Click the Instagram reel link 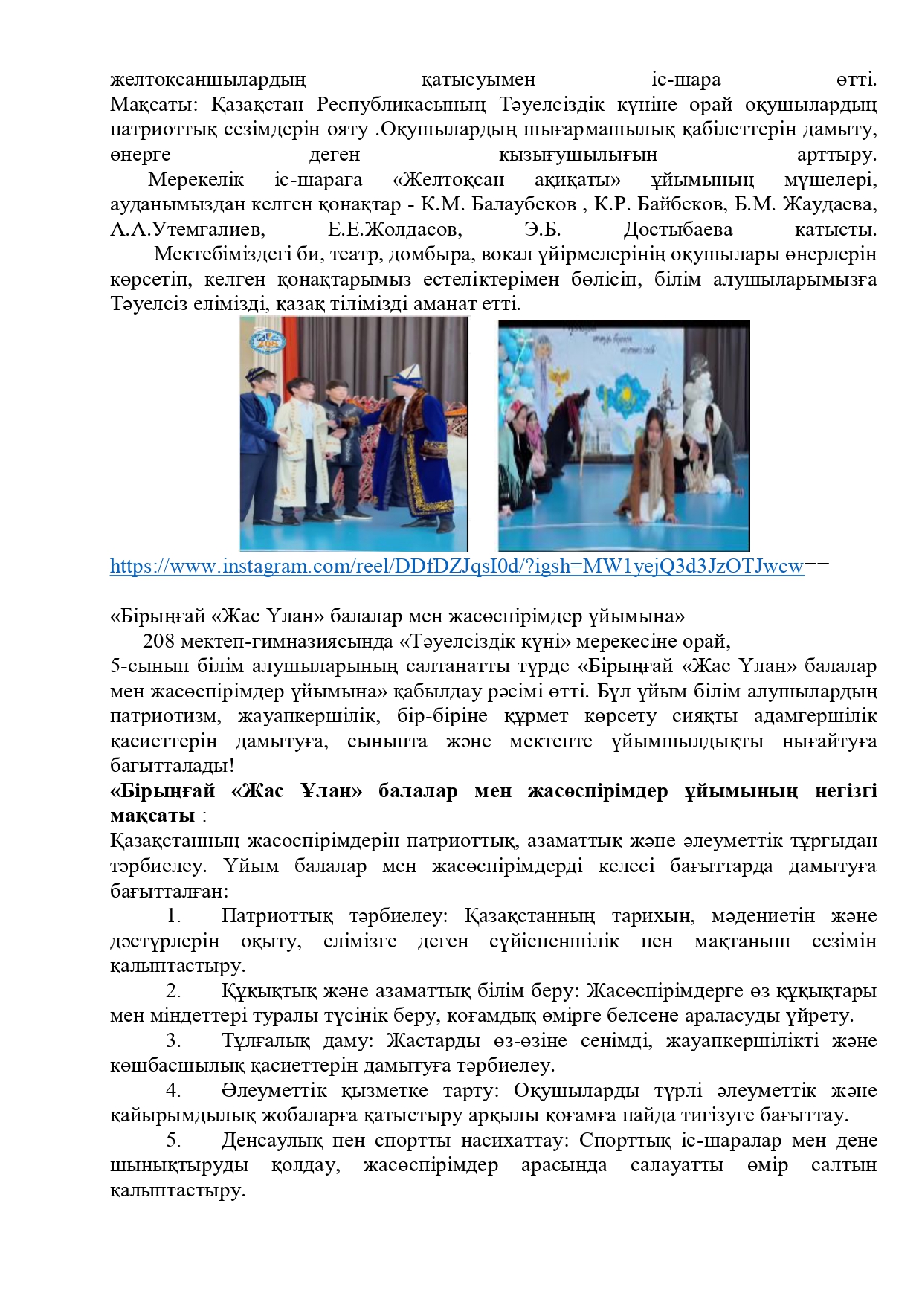(x=457, y=567)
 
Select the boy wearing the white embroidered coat (x=300, y=431)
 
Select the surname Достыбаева (x=677, y=230)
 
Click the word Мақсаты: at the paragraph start (x=154, y=104)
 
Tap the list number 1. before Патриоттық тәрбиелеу (x=174, y=916)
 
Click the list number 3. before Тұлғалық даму (x=174, y=1041)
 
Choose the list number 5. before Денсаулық (x=174, y=1141)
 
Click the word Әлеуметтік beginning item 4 (x=274, y=1091)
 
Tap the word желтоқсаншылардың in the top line (x=207, y=80)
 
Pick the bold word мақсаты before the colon (x=152, y=816)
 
